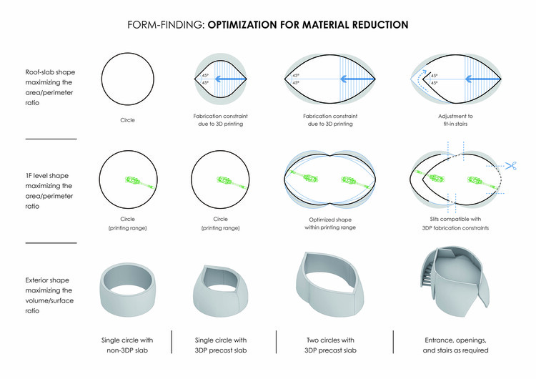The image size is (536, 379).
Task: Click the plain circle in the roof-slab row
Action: pyautogui.click(x=127, y=77)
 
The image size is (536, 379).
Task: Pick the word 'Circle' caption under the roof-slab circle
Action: pyautogui.click(x=127, y=122)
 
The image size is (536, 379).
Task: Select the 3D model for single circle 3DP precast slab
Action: pyautogui.click(x=224, y=285)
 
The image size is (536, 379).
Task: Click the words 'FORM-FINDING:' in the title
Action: pyautogui.click(x=165, y=24)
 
